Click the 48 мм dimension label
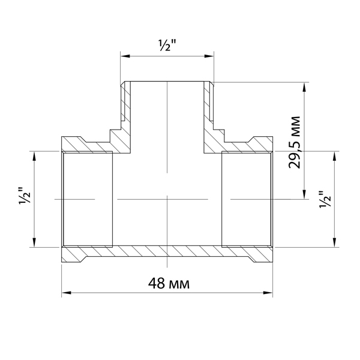coord(169,283)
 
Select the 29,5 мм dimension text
coord(294,143)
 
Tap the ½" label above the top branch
coord(167,46)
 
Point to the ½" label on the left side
coord(25,196)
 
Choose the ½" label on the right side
coord(325,199)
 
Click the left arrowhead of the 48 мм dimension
coord(67,293)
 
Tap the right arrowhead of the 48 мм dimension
coord(268,293)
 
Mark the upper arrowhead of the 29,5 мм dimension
coord(304,87)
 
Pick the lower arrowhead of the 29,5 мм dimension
coord(304,194)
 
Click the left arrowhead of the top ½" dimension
coord(125,56)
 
